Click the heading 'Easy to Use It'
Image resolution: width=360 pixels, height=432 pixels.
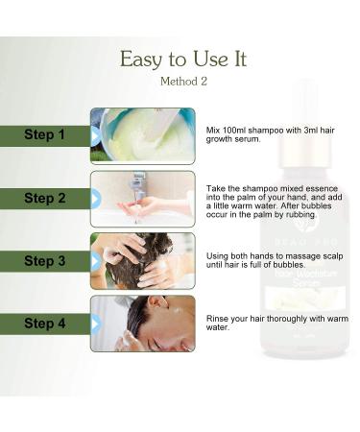click(182, 59)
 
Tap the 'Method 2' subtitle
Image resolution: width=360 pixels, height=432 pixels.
click(182, 83)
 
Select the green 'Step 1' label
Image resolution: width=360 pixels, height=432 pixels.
click(44, 135)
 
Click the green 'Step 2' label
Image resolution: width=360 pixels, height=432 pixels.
click(44, 199)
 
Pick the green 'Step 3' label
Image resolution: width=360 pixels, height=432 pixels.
click(44, 261)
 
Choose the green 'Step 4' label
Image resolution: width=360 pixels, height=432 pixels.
click(44, 324)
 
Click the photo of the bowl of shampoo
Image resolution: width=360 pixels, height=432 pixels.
click(143, 135)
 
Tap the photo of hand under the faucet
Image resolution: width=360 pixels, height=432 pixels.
click(143, 199)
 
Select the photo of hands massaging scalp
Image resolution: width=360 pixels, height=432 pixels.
click(143, 261)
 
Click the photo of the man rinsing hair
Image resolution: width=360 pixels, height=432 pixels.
click(143, 324)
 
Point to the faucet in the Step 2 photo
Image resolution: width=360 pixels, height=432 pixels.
click(140, 184)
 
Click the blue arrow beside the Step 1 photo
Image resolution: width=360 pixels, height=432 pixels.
click(95, 135)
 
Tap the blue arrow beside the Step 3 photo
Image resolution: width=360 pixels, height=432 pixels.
click(95, 261)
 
